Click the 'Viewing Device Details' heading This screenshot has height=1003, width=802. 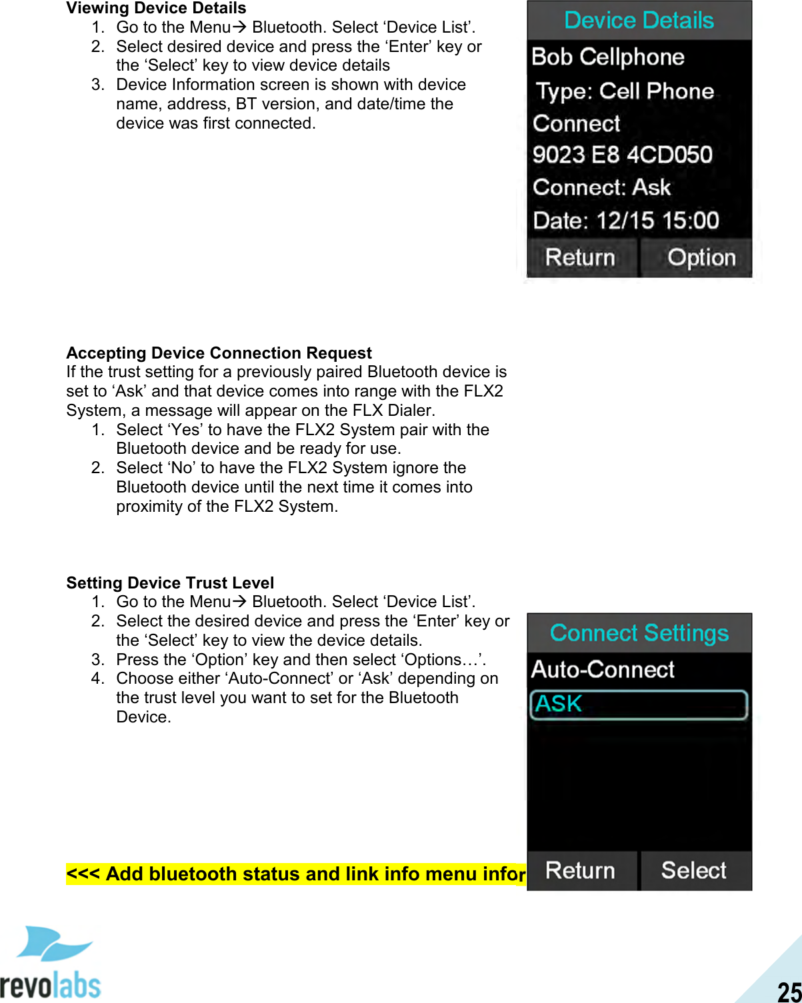click(156, 8)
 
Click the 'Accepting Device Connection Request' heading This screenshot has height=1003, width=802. click(219, 353)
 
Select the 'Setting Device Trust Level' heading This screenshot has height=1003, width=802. click(170, 583)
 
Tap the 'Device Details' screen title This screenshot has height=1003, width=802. click(639, 20)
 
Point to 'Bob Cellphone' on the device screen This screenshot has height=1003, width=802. click(608, 57)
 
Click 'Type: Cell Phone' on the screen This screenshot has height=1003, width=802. click(625, 91)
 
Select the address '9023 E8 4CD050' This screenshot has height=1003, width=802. click(622, 155)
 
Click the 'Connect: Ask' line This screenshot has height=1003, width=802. click(601, 187)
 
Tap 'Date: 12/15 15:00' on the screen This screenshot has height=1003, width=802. click(626, 220)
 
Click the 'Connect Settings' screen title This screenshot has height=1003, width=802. click(639, 633)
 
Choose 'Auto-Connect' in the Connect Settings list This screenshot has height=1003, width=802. click(603, 669)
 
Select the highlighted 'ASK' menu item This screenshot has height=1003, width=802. click(638, 704)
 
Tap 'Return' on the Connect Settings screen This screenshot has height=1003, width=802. click(580, 870)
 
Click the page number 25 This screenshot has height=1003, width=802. click(789, 991)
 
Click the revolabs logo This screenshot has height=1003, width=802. click(51, 964)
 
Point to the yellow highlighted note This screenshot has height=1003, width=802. click(296, 874)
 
